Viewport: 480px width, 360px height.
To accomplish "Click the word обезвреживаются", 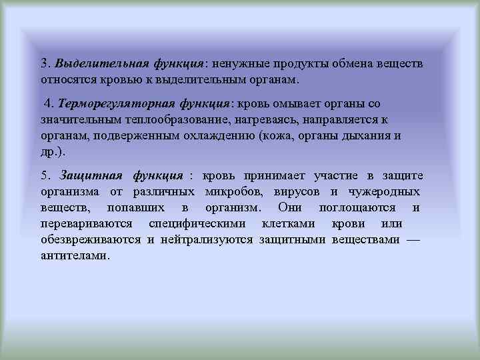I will tap(90, 239).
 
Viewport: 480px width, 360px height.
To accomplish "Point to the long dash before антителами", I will tap(413, 239).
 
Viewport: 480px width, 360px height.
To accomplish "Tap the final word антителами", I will tap(73, 255).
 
